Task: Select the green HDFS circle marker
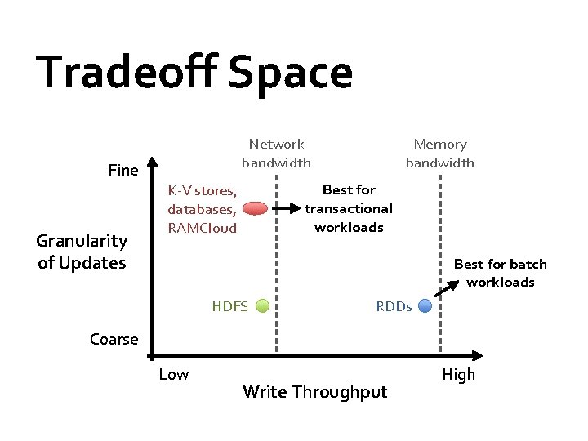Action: (x=263, y=306)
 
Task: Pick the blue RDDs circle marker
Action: (x=425, y=306)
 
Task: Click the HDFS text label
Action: (x=229, y=307)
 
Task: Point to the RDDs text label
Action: (x=394, y=307)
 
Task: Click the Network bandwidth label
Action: (x=276, y=153)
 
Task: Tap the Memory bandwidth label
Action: (x=440, y=153)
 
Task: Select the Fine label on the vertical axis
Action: (x=123, y=171)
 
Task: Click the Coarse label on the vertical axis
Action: (x=114, y=340)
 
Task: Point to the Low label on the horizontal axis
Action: (x=173, y=375)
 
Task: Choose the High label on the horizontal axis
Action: (x=458, y=375)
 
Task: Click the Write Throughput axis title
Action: (x=314, y=392)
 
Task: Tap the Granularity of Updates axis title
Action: (x=82, y=252)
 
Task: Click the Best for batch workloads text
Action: (x=500, y=273)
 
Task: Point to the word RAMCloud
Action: (x=202, y=228)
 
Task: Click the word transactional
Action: (x=349, y=208)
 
